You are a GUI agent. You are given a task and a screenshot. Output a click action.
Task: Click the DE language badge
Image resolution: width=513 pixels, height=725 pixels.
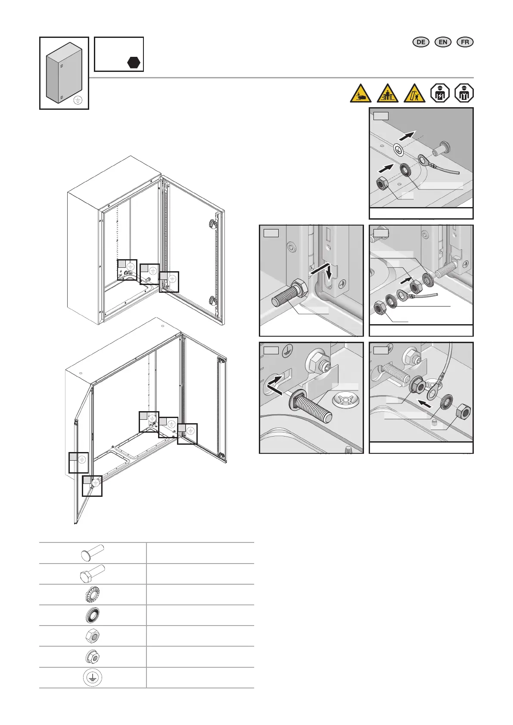pyautogui.click(x=421, y=42)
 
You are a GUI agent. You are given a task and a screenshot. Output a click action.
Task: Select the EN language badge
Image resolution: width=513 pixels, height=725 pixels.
pyautogui.click(x=443, y=42)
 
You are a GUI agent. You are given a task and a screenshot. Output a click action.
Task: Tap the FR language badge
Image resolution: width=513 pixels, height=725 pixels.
pyautogui.click(x=465, y=42)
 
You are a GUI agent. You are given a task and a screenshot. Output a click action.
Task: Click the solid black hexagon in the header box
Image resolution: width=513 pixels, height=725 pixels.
pyautogui.click(x=134, y=62)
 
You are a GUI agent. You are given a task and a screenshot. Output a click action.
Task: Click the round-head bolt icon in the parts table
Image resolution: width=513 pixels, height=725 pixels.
pyautogui.click(x=92, y=553)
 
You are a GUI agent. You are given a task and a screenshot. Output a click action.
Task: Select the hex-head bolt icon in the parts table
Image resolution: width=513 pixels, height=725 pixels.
pyautogui.click(x=92, y=573)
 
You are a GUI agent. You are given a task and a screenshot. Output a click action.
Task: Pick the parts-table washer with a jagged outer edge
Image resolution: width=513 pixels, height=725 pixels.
pyautogui.click(x=92, y=595)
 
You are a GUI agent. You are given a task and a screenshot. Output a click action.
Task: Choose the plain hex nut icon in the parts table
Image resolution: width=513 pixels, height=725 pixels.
pyautogui.click(x=92, y=636)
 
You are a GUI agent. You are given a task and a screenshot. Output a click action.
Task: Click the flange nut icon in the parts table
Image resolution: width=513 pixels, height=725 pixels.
pyautogui.click(x=92, y=657)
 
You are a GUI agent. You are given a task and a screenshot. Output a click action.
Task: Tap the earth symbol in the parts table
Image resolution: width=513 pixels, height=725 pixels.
pyautogui.click(x=92, y=678)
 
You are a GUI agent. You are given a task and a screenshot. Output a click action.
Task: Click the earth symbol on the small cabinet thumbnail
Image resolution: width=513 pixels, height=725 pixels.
pyautogui.click(x=78, y=100)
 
